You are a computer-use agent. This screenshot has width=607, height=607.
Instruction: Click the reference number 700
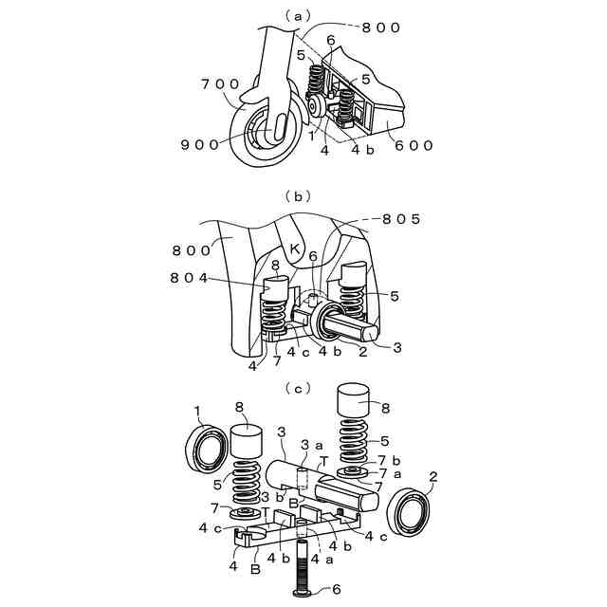coord(219,84)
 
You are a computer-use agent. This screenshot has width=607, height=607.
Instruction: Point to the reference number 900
coord(199,144)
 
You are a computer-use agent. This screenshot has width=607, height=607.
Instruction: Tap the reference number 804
coord(191,277)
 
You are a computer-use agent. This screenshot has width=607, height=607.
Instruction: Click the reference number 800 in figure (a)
coord(382,28)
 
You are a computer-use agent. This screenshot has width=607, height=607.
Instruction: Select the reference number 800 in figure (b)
coord(193,250)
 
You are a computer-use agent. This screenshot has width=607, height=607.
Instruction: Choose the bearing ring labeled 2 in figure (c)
coord(415,514)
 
